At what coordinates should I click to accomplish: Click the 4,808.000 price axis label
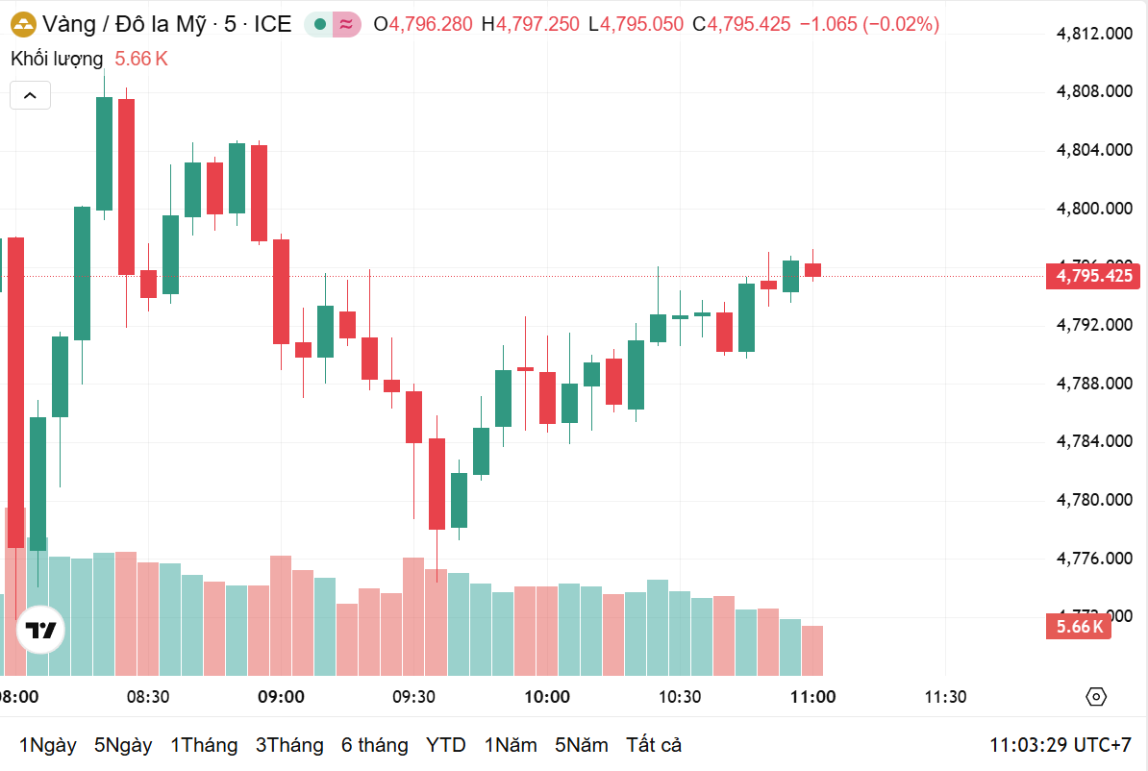point(1093,91)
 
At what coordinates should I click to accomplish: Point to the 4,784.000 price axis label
point(1093,441)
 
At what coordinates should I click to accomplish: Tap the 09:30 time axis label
point(413,697)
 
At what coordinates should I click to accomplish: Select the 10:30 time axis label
point(679,697)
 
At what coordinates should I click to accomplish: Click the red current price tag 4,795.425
point(1094,276)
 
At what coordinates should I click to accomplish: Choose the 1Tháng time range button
point(204,745)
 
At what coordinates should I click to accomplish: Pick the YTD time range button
point(446,745)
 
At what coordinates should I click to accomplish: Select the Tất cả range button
point(654,745)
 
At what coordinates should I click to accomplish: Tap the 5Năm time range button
point(582,745)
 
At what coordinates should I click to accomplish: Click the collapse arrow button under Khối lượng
point(30,95)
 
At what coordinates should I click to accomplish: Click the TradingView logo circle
point(40,631)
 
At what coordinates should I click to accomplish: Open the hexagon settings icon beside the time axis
point(1096,697)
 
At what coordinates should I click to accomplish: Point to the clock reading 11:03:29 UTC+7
point(1061,745)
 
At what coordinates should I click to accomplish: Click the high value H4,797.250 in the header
point(535,24)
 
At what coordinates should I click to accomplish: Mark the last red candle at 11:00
point(813,270)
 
